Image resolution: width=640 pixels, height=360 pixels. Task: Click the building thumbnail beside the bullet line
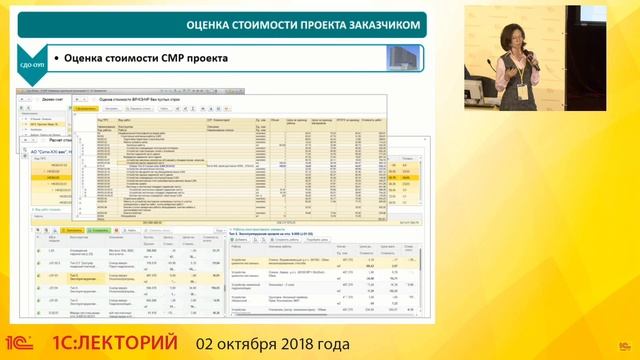coord(404,58)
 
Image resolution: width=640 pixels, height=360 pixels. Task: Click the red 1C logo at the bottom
coord(22,342)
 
